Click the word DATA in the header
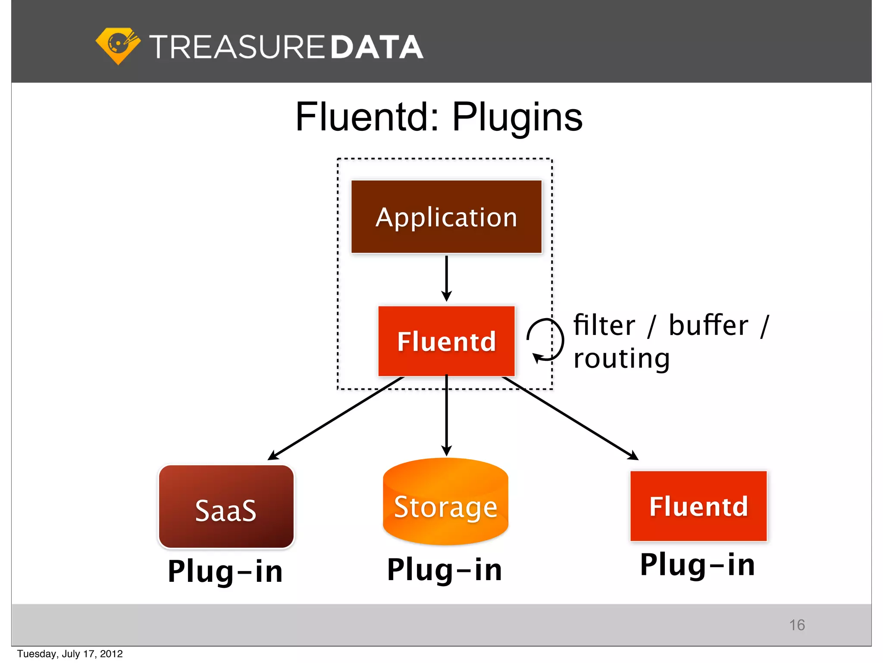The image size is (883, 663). tap(377, 47)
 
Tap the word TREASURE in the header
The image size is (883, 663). tap(237, 47)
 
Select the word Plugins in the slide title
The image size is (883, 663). tap(517, 117)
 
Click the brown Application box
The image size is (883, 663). tap(446, 217)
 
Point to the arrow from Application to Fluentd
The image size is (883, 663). tap(447, 278)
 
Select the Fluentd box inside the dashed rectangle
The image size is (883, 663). tap(446, 341)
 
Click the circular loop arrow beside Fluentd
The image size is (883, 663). tap(546, 340)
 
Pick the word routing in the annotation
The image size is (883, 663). tap(621, 358)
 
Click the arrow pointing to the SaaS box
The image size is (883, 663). tap(336, 418)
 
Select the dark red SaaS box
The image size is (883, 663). tap(226, 507)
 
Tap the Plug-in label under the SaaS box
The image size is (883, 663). tap(225, 571)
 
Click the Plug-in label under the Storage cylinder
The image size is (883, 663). tap(445, 570)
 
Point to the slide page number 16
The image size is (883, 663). tap(797, 625)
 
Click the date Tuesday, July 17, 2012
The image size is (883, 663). tap(70, 654)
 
